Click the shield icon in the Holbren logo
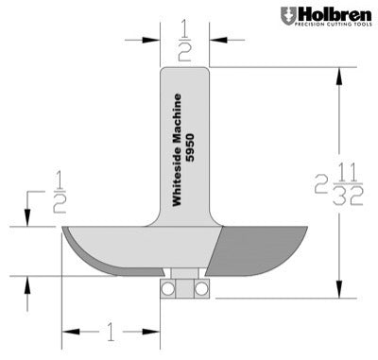tap(287, 16)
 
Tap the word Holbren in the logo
tap(331, 14)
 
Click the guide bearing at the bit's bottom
tap(184, 287)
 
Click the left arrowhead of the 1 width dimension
tap(69, 332)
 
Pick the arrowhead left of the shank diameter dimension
tap(154, 40)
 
